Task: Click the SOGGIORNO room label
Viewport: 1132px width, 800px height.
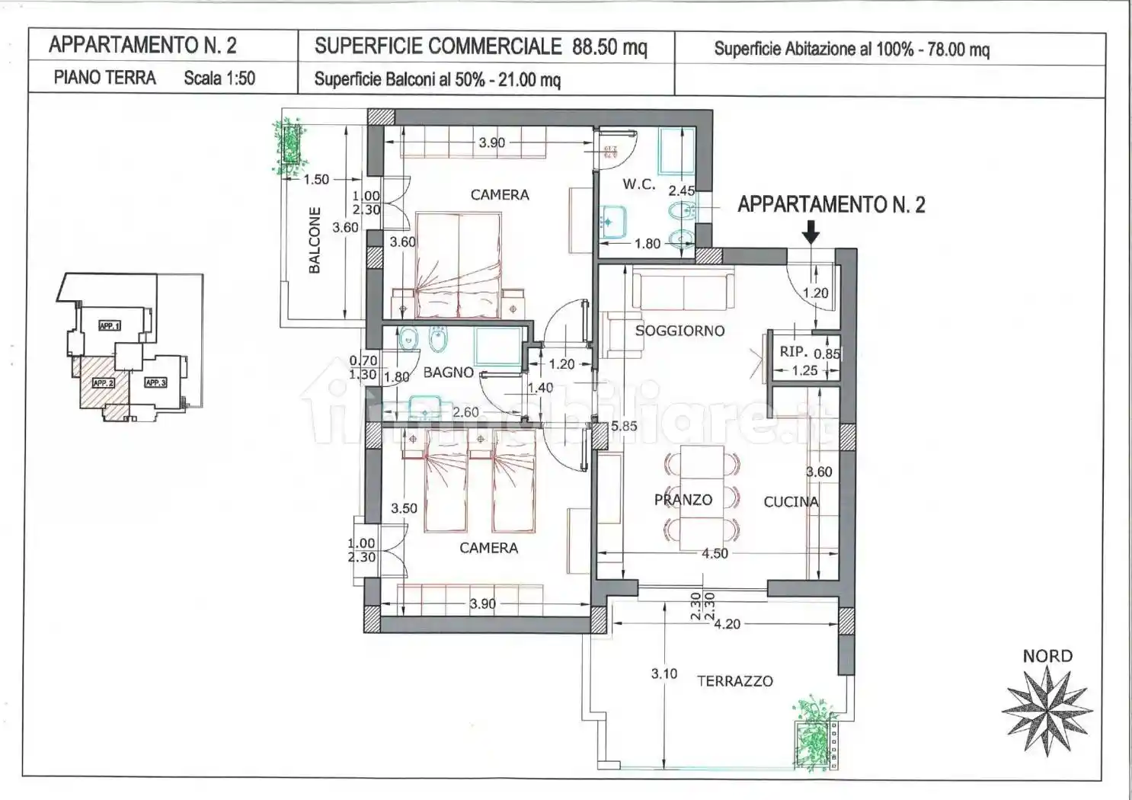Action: click(x=680, y=331)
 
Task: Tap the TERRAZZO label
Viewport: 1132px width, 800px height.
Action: click(x=734, y=681)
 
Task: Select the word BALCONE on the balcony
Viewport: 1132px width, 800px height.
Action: click(x=315, y=240)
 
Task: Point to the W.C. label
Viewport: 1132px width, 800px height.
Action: click(x=638, y=184)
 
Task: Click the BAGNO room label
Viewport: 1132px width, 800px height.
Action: click(x=448, y=373)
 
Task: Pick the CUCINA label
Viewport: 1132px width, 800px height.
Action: click(x=791, y=501)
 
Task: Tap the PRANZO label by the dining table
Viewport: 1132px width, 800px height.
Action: click(x=683, y=500)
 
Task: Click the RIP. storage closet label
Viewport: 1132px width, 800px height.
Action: click(x=793, y=352)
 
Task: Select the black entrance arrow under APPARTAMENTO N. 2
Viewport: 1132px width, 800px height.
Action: click(x=811, y=232)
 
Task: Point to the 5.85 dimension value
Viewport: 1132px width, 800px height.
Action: click(x=624, y=427)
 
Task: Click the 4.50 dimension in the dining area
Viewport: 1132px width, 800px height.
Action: click(x=715, y=554)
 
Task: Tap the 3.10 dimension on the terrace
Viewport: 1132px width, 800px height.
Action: click(x=664, y=674)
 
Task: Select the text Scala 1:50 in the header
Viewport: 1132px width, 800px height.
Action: click(x=219, y=78)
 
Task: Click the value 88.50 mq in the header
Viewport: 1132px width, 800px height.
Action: click(x=609, y=46)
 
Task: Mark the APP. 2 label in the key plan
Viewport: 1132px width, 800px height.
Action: click(x=102, y=382)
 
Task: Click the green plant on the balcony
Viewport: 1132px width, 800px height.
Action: click(x=289, y=146)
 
